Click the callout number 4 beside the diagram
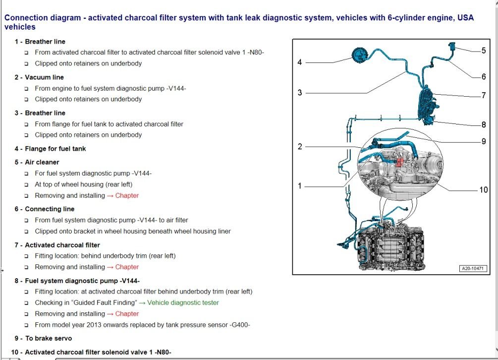click(300, 62)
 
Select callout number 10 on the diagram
click(483, 189)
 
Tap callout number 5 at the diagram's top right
click(484, 50)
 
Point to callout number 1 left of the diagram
click(300, 186)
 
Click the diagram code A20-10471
click(473, 268)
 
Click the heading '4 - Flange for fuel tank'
click(50, 149)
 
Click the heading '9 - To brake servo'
click(43, 338)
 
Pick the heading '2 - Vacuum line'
click(39, 77)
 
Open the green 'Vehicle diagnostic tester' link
click(183, 302)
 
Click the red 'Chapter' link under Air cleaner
click(127, 195)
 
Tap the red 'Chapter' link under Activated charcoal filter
click(127, 267)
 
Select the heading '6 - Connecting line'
click(45, 209)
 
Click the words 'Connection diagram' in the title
click(42, 18)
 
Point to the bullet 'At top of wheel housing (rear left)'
click(83, 184)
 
